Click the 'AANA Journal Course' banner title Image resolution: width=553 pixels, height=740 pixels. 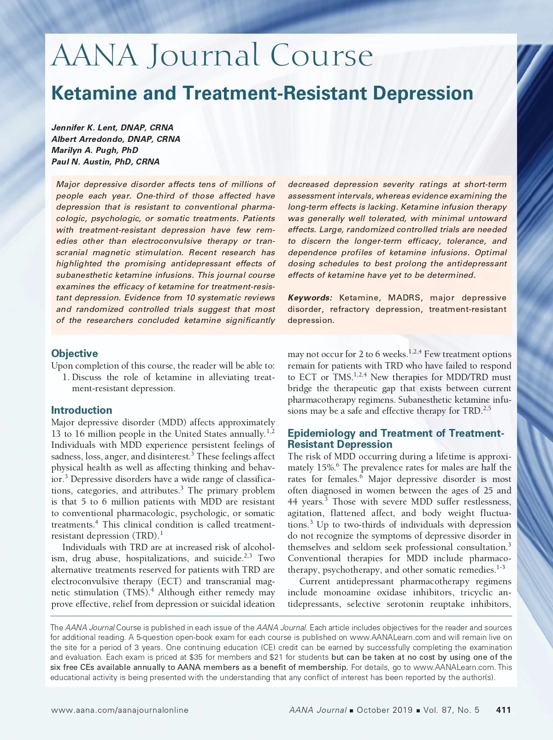212,56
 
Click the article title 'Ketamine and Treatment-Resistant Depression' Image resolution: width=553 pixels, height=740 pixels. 262,93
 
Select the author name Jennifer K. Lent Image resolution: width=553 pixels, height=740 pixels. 112,128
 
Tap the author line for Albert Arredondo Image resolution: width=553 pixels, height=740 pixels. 116,139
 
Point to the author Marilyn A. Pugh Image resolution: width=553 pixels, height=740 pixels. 94,150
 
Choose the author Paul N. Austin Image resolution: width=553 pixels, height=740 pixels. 106,162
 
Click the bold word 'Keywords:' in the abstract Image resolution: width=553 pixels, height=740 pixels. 310,298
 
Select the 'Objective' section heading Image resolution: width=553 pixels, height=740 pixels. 75,353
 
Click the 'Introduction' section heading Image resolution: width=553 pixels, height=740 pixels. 82,410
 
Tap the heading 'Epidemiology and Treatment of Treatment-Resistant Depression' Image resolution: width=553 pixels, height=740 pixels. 395,439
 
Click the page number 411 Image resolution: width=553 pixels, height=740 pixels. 503,710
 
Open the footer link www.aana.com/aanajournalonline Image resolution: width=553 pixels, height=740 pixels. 120,710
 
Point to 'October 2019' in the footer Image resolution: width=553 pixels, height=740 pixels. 384,710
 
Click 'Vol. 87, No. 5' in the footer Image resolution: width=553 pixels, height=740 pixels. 451,710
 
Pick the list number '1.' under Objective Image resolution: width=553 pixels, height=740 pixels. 65,377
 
